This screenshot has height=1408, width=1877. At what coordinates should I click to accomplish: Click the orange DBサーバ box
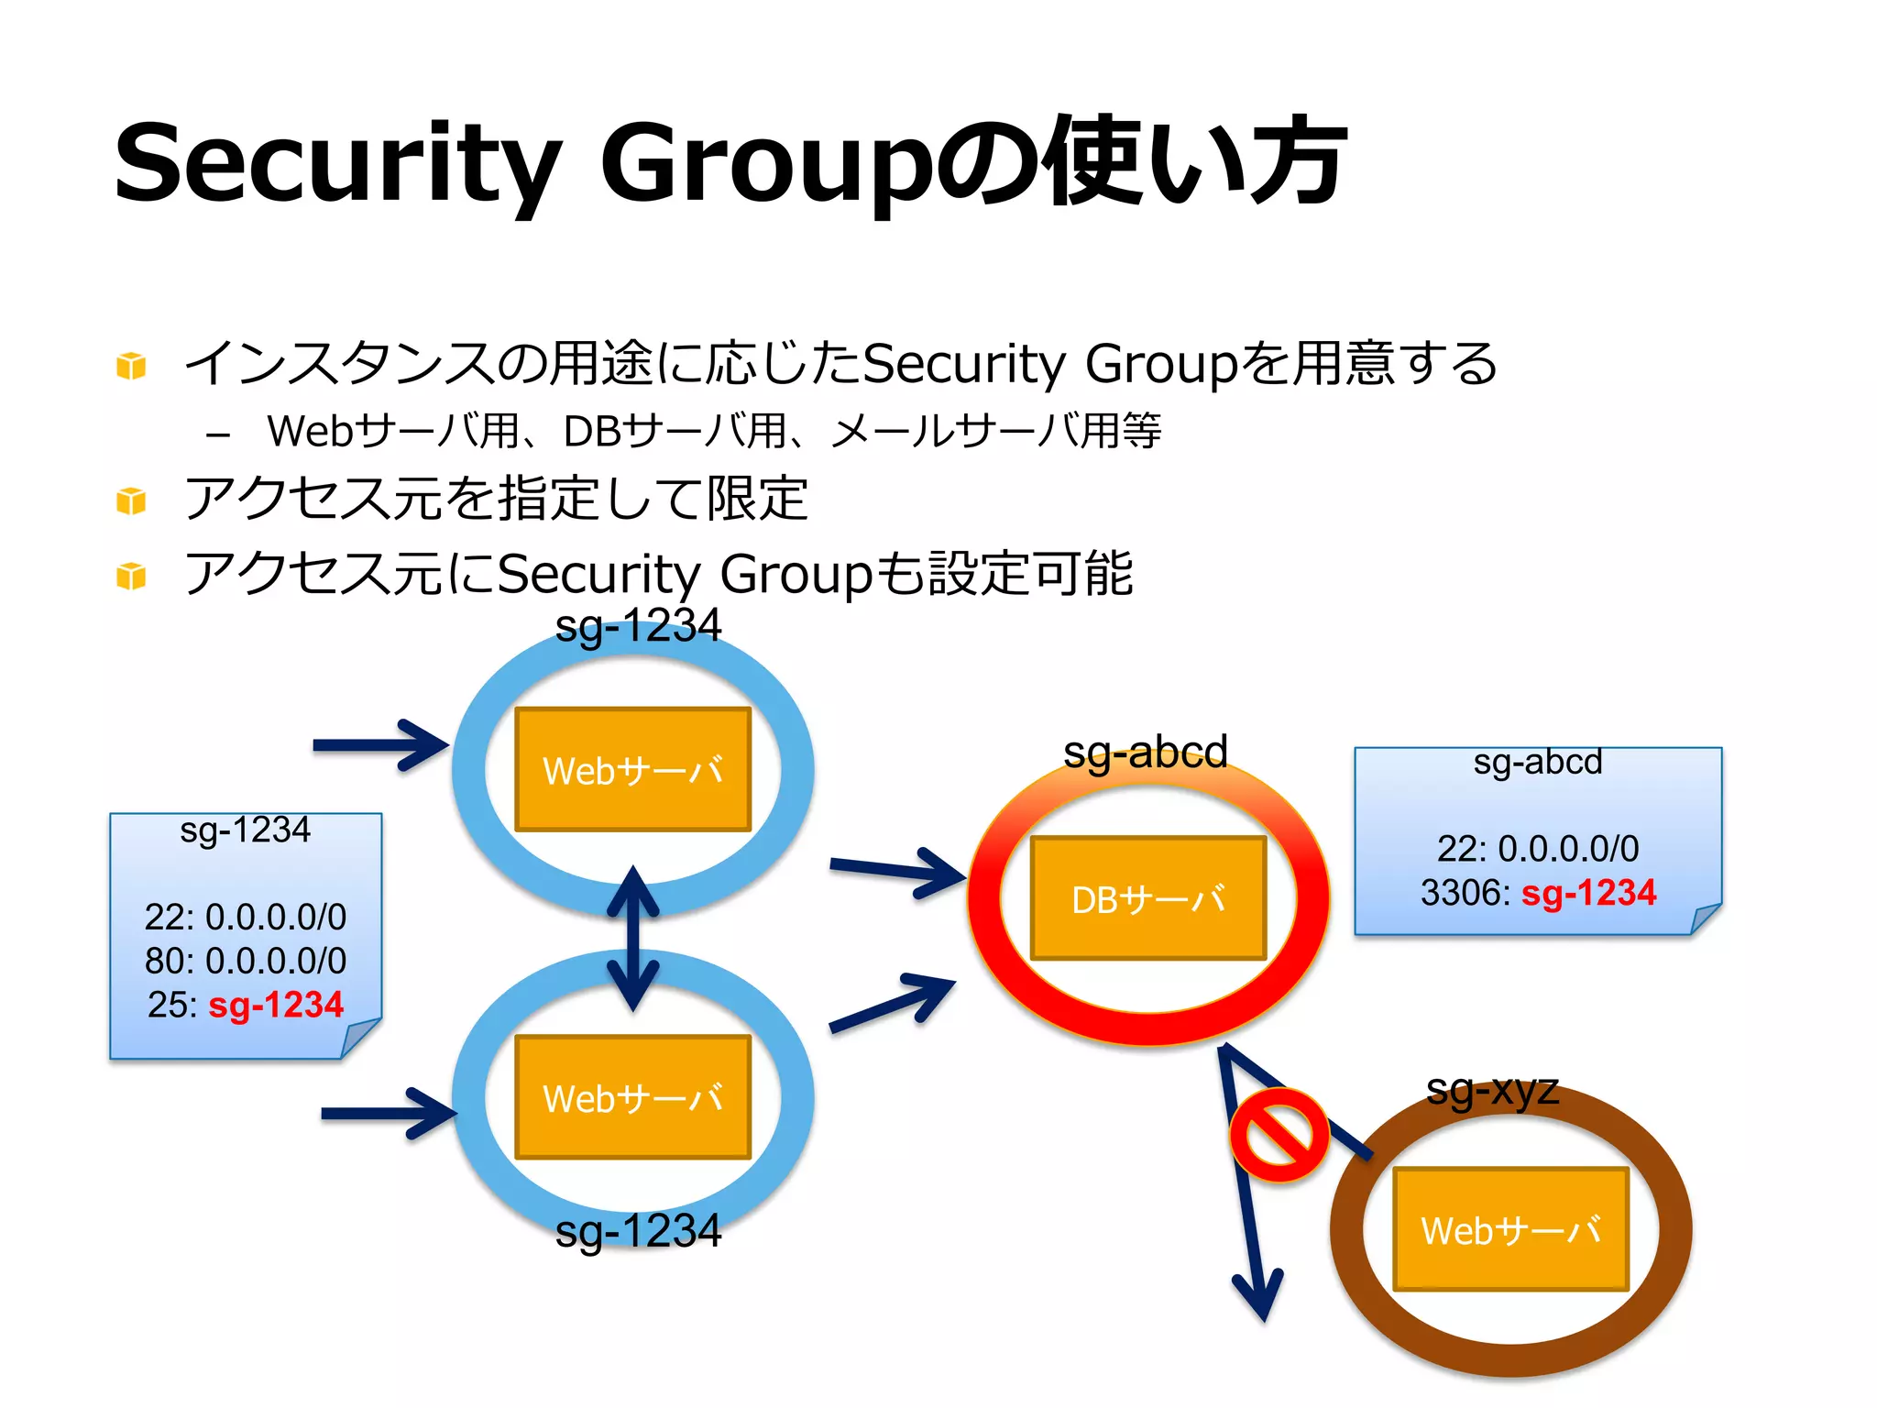pyautogui.click(x=1148, y=898)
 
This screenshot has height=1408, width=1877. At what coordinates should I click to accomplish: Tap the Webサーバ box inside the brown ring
pyautogui.click(x=1510, y=1229)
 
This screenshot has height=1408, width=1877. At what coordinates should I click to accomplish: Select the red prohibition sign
pyautogui.click(x=1279, y=1135)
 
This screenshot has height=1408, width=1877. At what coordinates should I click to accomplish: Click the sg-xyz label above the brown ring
pyautogui.click(x=1492, y=1090)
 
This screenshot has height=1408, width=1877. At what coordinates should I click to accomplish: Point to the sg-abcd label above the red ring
pyautogui.click(x=1145, y=753)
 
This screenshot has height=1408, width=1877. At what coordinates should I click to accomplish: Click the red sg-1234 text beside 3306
pyautogui.click(x=1588, y=893)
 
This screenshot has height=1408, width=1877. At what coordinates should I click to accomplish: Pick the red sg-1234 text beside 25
pyautogui.click(x=276, y=1005)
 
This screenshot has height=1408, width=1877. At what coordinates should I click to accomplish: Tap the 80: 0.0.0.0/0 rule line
pyautogui.click(x=246, y=961)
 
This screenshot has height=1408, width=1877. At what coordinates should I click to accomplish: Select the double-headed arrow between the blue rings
pyautogui.click(x=633, y=939)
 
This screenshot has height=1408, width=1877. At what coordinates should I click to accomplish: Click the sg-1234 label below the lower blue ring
pyautogui.click(x=638, y=1230)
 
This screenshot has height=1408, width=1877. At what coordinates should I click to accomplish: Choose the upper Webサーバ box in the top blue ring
pyautogui.click(x=633, y=770)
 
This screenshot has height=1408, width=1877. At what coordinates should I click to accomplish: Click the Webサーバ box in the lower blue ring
pyautogui.click(x=633, y=1097)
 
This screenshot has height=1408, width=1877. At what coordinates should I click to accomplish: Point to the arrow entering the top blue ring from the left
pyautogui.click(x=379, y=744)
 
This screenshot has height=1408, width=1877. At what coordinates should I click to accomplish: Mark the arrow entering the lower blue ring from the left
pyautogui.click(x=388, y=1113)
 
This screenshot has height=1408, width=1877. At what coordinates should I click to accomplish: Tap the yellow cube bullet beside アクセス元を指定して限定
pyautogui.click(x=131, y=501)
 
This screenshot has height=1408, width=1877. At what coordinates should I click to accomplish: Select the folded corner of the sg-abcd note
pyautogui.click(x=1705, y=918)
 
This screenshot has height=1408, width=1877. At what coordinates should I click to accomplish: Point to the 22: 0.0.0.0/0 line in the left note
pyautogui.click(x=246, y=917)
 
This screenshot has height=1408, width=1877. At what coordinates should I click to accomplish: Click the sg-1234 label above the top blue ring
pyautogui.click(x=638, y=626)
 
